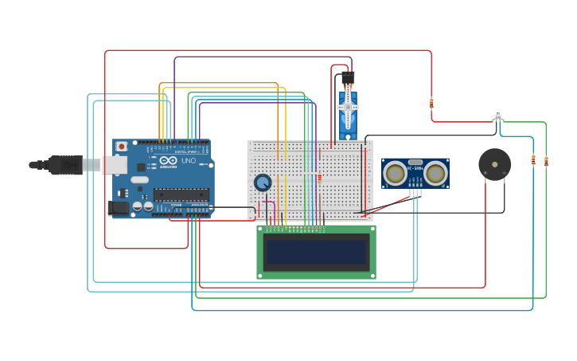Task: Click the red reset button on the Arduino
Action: tap(121, 147)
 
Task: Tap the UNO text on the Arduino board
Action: tap(189, 160)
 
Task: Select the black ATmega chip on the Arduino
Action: tap(181, 194)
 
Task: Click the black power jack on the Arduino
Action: tap(118, 207)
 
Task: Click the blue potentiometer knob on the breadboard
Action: tap(263, 182)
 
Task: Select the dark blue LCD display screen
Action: tap(316, 252)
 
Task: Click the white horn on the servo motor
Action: tap(348, 108)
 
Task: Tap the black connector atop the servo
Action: tap(348, 78)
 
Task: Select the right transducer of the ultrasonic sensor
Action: tap(435, 172)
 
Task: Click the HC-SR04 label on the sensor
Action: tap(415, 168)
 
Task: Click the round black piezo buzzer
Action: tap(494, 164)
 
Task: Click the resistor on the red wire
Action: tap(431, 103)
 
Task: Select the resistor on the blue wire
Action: tap(533, 160)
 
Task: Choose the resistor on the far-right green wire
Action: tap(546, 161)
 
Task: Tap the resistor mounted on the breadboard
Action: tap(319, 179)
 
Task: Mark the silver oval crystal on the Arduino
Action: tap(140, 179)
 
